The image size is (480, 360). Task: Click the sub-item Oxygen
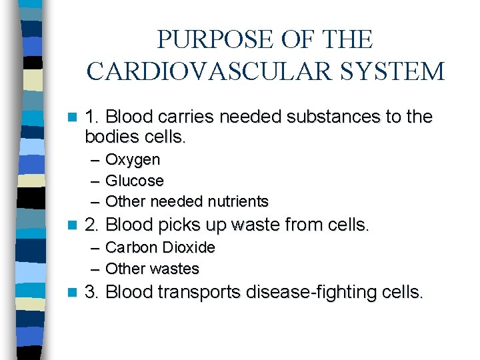(x=133, y=161)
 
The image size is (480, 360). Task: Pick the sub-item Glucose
(x=134, y=181)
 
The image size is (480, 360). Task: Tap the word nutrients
(x=238, y=201)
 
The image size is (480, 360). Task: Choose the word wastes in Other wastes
(x=174, y=269)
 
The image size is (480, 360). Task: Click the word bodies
(x=109, y=138)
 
